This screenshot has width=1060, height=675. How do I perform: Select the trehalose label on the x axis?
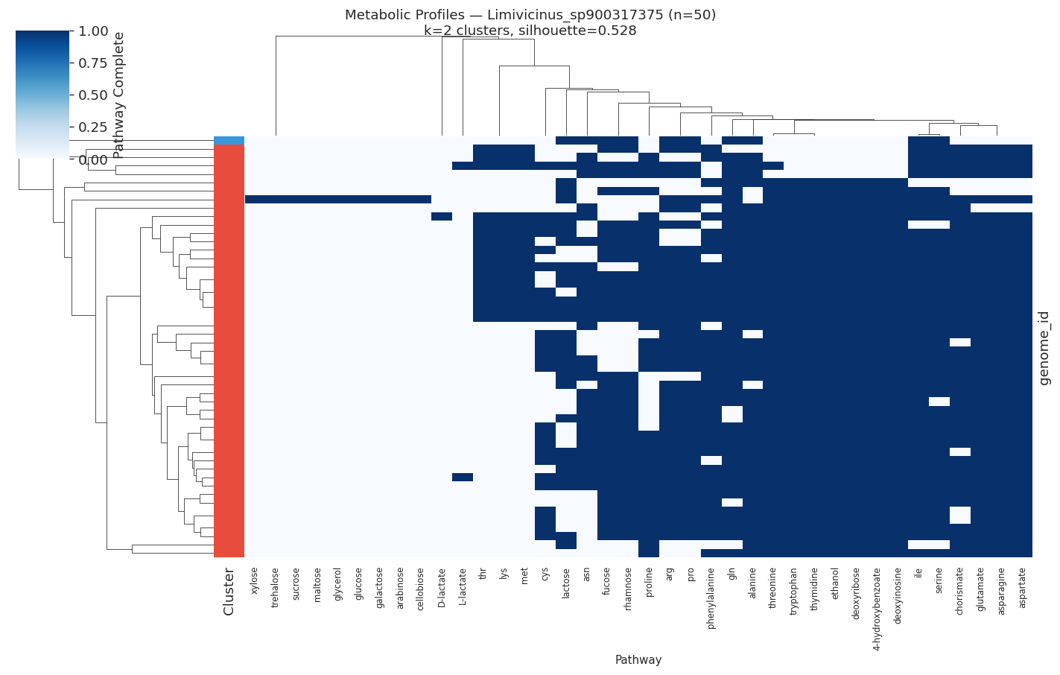(276, 587)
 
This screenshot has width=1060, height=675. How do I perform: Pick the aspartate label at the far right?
(1022, 587)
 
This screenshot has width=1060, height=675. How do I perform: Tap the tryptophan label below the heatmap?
(794, 589)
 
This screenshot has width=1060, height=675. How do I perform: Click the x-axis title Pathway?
(638, 660)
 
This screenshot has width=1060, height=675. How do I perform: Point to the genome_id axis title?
(1044, 347)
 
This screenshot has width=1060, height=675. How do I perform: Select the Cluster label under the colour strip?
(229, 592)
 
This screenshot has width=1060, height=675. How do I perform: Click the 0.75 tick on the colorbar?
(93, 63)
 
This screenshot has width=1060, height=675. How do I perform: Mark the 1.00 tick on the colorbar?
(93, 31)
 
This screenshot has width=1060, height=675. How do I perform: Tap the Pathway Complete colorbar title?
(118, 95)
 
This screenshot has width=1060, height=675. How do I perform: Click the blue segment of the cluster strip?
(229, 140)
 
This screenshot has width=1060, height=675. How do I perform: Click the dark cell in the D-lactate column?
(442, 216)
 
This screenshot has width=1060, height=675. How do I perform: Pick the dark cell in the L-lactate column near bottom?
(463, 477)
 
